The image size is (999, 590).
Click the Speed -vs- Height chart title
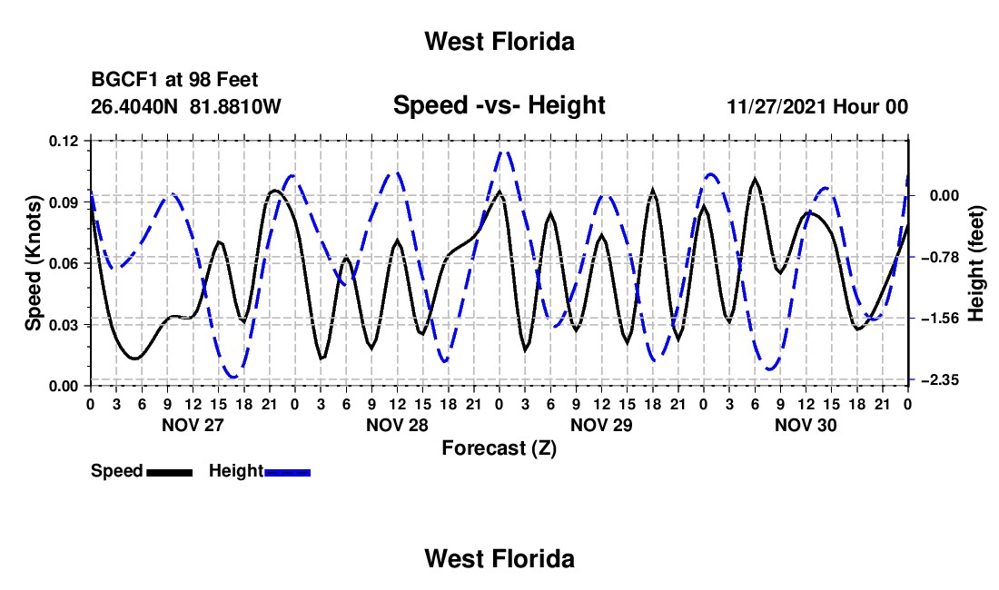coord(499,105)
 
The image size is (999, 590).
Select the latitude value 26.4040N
coord(134,106)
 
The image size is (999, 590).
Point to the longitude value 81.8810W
coord(235,106)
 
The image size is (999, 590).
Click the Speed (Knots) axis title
coord(33,263)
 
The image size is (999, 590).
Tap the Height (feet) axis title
coord(975,263)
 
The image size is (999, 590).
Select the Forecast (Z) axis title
coord(499,448)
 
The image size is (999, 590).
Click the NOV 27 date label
coord(193,425)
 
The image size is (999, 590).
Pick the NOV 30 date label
coord(806,425)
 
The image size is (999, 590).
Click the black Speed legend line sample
coord(170,472)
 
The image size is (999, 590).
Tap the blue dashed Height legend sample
coord(287,472)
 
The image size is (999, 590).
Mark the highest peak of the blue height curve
coord(503,152)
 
